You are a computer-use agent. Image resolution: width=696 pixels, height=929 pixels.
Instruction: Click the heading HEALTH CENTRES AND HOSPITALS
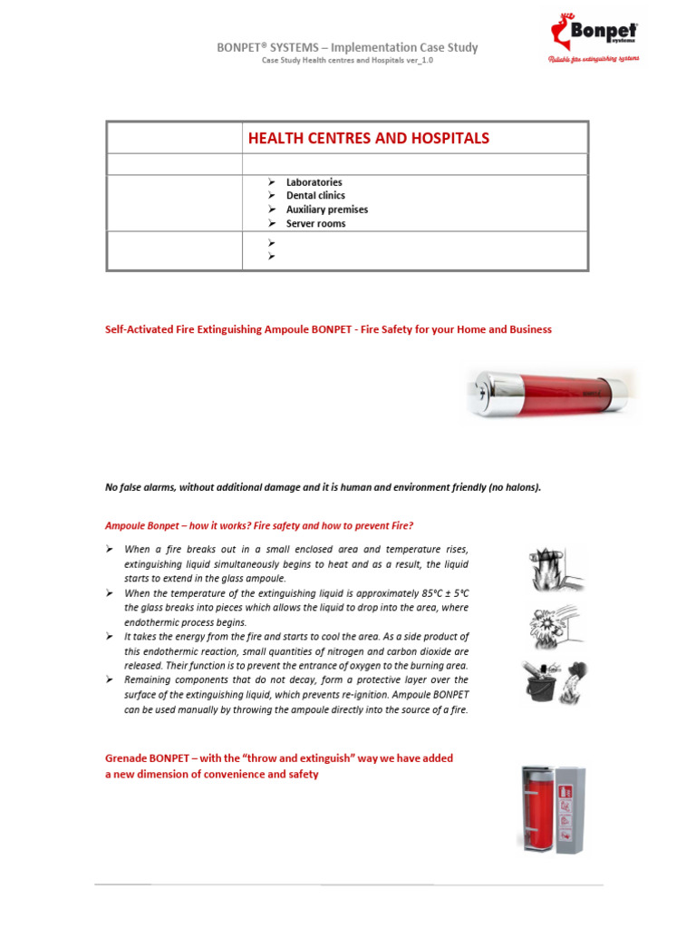[369, 139]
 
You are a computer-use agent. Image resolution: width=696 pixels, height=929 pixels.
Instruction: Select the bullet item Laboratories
[314, 182]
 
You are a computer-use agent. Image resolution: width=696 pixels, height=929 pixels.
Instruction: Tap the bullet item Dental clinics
[315, 196]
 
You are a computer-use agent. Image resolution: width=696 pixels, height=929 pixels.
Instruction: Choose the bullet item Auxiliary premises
[326, 210]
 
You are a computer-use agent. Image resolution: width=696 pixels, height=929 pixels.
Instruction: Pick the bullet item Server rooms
[315, 224]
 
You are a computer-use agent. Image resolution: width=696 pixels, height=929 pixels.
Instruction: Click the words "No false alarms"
[140, 487]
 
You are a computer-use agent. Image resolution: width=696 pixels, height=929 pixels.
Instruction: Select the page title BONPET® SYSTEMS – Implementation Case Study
[347, 47]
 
